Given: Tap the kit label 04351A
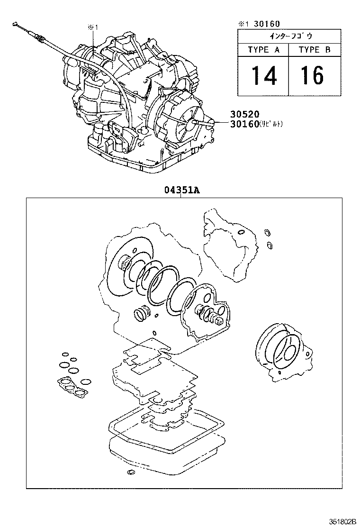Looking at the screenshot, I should (x=182, y=191).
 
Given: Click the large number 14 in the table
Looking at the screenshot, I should (x=264, y=75).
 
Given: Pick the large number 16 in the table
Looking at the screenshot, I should (x=313, y=75).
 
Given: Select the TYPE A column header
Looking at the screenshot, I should (x=264, y=50).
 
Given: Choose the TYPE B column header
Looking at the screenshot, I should (x=314, y=50).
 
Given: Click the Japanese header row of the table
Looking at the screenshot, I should (x=288, y=36).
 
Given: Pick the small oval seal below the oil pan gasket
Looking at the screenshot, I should (x=131, y=472).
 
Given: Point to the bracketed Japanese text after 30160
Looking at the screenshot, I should (x=272, y=125).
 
